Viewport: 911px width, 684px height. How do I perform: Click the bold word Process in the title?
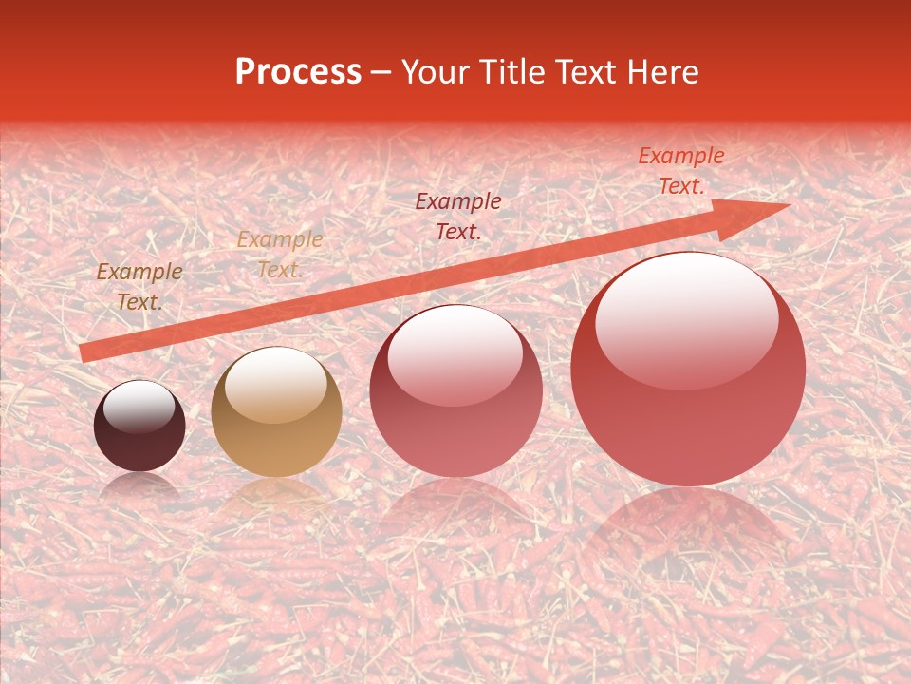298,72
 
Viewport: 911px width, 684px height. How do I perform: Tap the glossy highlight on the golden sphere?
276,385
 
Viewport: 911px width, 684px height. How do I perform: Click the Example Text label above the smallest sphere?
139,287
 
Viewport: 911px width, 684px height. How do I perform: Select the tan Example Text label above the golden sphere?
279,255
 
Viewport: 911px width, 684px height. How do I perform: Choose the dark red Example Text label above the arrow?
458,216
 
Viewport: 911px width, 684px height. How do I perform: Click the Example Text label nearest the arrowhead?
680,171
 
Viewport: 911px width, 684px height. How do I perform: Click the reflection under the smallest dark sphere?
139,486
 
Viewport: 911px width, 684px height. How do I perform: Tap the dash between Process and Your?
381,72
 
